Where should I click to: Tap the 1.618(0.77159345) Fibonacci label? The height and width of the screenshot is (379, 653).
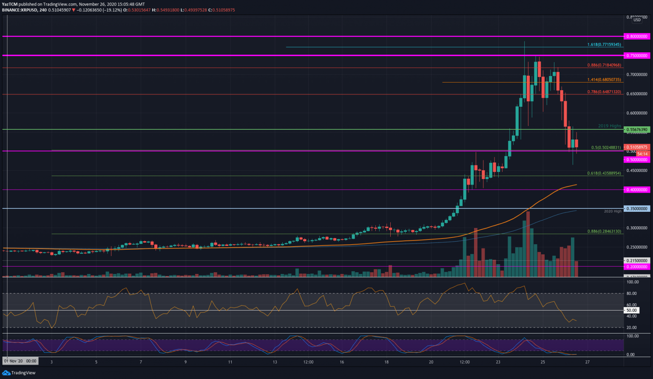pos(604,45)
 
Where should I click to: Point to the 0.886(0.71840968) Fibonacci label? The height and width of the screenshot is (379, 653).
pos(604,66)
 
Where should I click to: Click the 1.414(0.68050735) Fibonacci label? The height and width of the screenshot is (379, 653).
pos(604,80)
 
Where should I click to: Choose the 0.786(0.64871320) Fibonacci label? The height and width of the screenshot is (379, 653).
pos(604,92)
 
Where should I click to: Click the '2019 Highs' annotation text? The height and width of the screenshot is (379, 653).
pos(609,126)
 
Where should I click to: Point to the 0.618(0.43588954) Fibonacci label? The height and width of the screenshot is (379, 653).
pos(604,174)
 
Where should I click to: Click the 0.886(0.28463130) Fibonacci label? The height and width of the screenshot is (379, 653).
pos(604,231)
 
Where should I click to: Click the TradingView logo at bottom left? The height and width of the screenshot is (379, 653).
pos(19,373)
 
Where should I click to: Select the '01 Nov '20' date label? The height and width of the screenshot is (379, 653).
pos(20,361)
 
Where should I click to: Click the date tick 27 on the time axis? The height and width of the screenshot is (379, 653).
pos(587,362)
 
